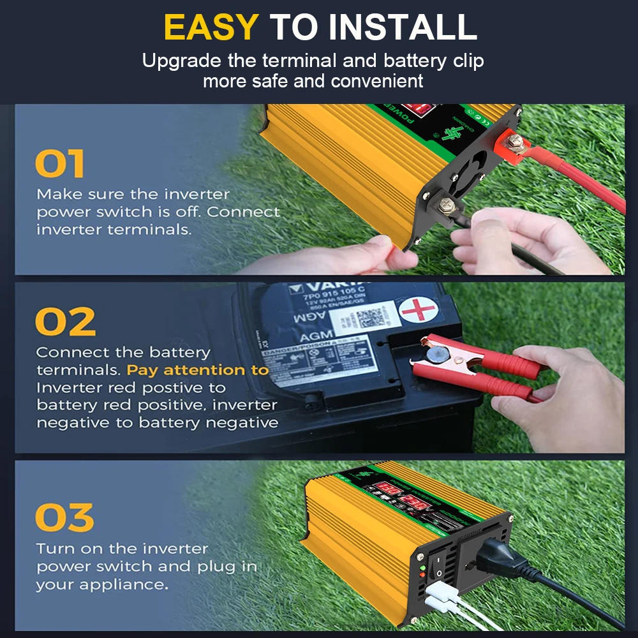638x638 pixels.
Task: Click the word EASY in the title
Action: pos(211,27)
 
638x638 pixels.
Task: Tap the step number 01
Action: pos(60,164)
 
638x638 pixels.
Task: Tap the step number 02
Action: pos(65,322)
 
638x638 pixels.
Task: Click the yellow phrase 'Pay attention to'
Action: pos(197,370)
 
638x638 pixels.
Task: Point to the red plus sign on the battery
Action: pos(419,311)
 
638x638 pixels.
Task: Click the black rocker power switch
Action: pos(440,567)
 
